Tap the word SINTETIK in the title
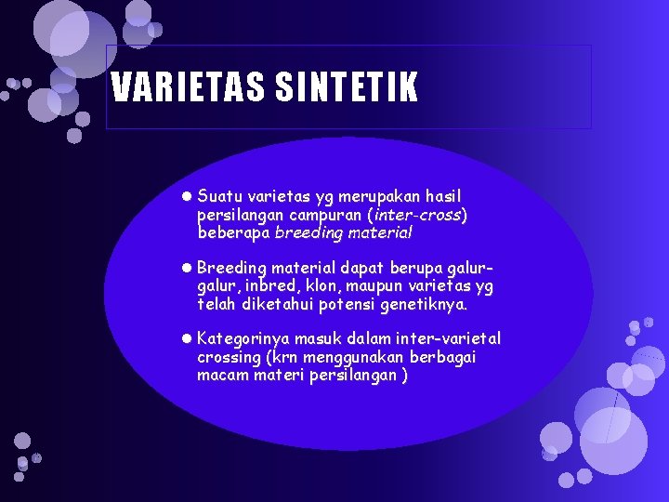347,88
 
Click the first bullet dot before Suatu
187,197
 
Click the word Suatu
220,197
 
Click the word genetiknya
426,304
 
